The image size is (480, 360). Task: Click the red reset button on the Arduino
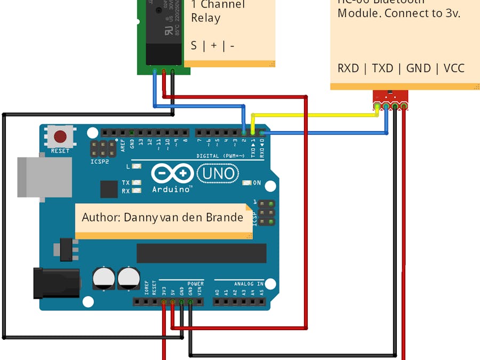coord(60,137)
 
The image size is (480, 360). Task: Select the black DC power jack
coord(56,283)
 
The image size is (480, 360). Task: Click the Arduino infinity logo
coord(172,173)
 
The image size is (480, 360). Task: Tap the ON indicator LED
coord(246,183)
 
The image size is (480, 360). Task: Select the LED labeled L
coord(137,166)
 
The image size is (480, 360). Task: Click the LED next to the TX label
coord(137,182)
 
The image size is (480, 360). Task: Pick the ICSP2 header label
coord(99,161)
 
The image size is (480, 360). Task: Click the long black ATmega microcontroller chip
coord(201,253)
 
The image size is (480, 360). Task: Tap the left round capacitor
coord(103,278)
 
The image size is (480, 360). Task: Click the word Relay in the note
coord(205,18)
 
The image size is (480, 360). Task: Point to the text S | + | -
coord(213,46)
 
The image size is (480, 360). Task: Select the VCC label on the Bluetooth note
coord(453,68)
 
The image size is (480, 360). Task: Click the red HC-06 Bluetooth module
coord(390,97)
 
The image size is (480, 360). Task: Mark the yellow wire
coord(315,115)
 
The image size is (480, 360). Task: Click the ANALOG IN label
coord(249,284)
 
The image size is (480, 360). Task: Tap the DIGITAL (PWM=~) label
coord(220,156)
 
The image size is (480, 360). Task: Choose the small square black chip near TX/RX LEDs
coord(109,189)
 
